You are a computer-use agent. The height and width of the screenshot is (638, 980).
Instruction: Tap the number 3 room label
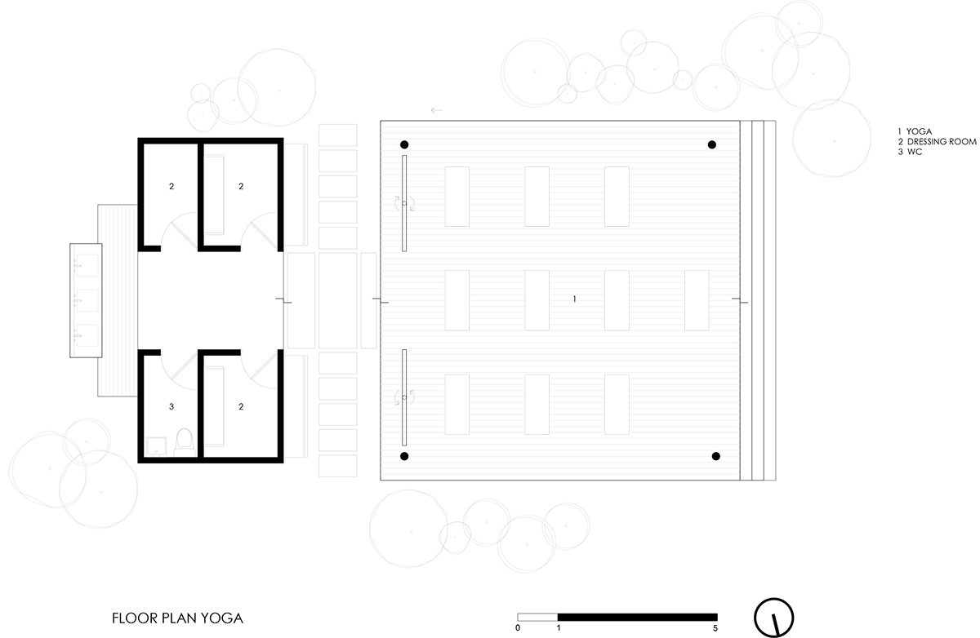[x=171, y=405]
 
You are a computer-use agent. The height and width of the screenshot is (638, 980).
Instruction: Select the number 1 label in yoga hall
[x=575, y=299]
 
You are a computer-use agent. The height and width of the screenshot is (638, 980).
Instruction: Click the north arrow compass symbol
[x=773, y=616]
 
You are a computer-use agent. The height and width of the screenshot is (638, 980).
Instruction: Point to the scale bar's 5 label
[x=716, y=628]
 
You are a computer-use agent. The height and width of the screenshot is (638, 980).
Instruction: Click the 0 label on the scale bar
[x=518, y=628]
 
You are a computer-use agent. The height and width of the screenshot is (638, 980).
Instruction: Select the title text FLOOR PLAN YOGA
[x=178, y=618]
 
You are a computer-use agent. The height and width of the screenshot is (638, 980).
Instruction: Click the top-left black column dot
[x=404, y=145]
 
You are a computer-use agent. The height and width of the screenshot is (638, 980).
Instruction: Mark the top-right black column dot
[x=712, y=144]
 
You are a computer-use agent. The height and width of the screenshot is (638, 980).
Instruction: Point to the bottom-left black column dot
[x=404, y=456]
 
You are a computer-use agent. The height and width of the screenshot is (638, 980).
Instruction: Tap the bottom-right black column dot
[x=716, y=456]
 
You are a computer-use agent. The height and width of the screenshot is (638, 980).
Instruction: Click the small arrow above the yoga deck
[x=436, y=109]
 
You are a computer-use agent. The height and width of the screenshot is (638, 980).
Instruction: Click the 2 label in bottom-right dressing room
[x=241, y=405]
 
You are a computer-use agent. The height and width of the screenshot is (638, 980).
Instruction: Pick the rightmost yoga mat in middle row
[x=697, y=299]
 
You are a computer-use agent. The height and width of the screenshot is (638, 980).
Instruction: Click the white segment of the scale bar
[x=537, y=616]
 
